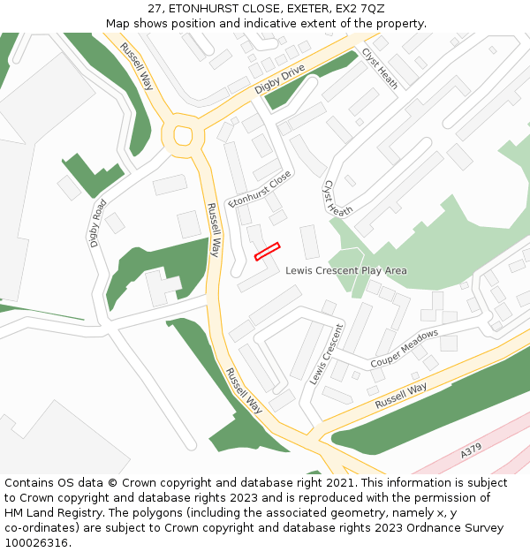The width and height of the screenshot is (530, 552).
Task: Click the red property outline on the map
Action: coord(267,252)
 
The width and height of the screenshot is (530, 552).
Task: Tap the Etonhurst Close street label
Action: coord(259,189)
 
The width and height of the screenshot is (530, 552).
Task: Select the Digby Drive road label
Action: coord(279,79)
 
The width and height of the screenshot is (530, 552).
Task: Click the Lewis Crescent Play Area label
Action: coord(346,270)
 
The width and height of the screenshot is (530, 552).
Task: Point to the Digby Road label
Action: coord(98,223)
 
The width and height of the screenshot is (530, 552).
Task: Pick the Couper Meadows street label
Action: coord(404,349)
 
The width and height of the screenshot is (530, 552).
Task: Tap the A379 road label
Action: coord(471,451)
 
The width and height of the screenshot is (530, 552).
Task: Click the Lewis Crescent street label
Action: coord(326,353)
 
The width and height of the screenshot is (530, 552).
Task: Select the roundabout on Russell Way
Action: coord(183,136)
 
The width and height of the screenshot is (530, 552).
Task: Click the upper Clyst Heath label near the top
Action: coord(379,68)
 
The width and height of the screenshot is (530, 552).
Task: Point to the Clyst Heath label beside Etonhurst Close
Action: coord(338,199)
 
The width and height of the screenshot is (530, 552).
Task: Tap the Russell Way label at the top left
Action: coord(137,66)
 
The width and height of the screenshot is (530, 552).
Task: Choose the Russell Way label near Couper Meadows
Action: coord(401,395)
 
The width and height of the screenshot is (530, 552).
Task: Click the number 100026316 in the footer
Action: coord(36,542)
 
